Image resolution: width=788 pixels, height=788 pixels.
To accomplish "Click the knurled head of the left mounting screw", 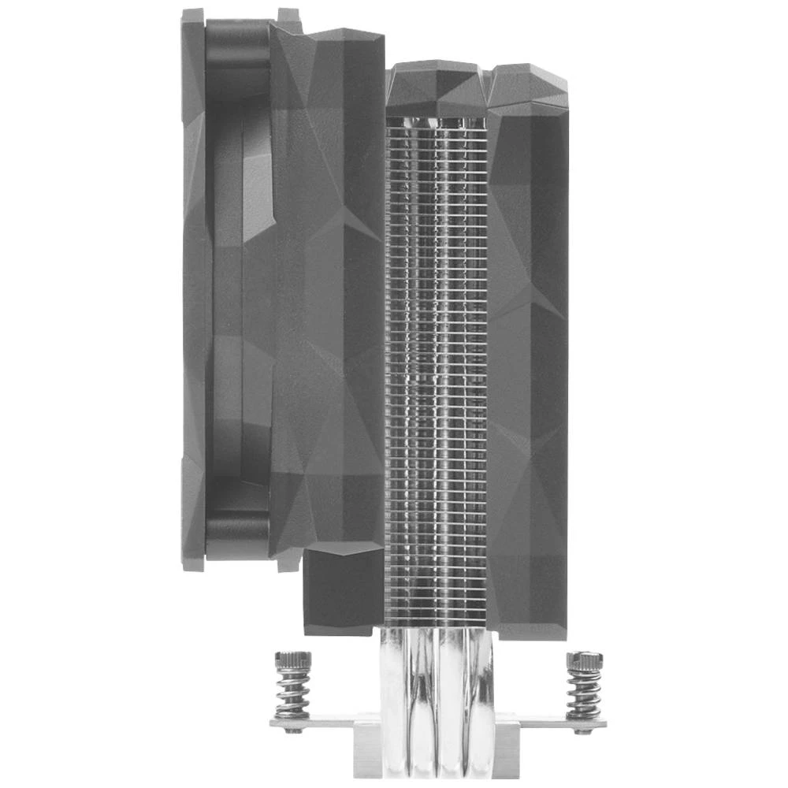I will coord(292,660).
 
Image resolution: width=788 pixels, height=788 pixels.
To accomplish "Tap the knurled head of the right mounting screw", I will coord(584,660).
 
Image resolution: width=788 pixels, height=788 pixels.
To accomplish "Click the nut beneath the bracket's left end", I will coord(293,730).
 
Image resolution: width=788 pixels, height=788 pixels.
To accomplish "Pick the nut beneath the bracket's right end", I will coord(584,730).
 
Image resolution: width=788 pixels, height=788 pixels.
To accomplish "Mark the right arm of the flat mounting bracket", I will coord(552,721).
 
